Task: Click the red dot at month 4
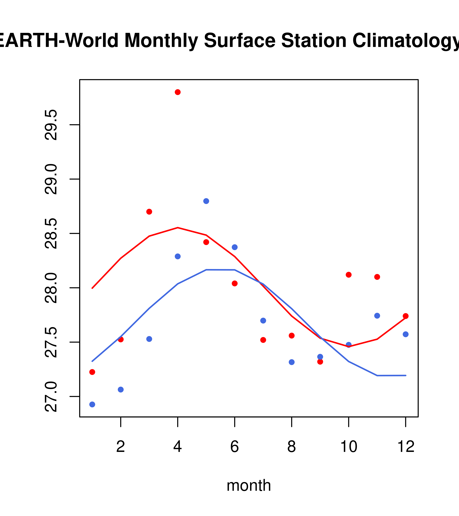(178, 92)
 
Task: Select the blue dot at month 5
(206, 201)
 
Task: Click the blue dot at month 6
(235, 247)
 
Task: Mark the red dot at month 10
(349, 275)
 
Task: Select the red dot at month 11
(377, 277)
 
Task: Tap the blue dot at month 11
(377, 316)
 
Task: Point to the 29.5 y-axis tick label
(51, 125)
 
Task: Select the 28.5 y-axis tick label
(51, 234)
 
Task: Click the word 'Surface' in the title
(240, 41)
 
